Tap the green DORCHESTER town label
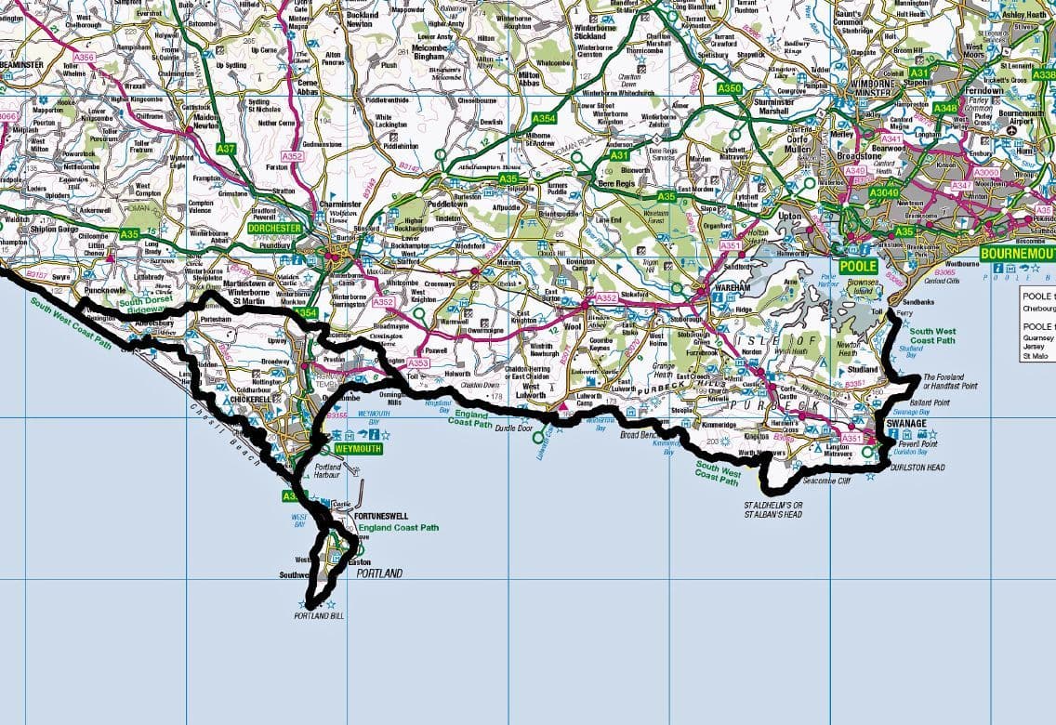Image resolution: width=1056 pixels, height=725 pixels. pyautogui.click(x=276, y=228)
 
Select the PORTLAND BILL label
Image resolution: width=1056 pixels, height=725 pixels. pyautogui.click(x=313, y=615)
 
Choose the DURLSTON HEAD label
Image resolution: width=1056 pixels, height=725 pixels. pyautogui.click(x=917, y=468)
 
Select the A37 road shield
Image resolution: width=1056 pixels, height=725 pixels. pyautogui.click(x=226, y=149)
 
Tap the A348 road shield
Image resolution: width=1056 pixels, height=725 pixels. pyautogui.click(x=944, y=108)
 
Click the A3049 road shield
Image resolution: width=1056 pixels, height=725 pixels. pyautogui.click(x=884, y=192)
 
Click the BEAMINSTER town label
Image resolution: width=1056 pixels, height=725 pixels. pyautogui.click(x=20, y=64)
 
